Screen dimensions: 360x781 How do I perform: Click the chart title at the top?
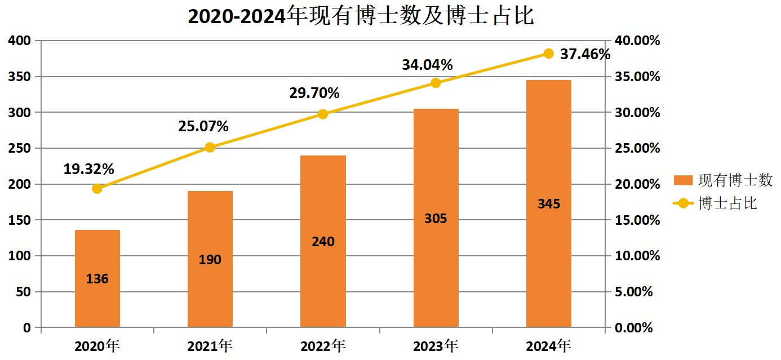pyautogui.click(x=361, y=16)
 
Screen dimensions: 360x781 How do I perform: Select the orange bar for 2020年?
pyautogui.click(x=97, y=254)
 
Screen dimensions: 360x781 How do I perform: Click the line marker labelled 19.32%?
pyautogui.click(x=97, y=188)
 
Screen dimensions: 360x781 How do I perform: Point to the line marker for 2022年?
pyautogui.click(x=323, y=114)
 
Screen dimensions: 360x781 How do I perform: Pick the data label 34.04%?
pyautogui.click(x=427, y=65)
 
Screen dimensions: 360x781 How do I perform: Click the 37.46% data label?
pyautogui.click(x=585, y=54)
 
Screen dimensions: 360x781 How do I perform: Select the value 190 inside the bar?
pyautogui.click(x=210, y=260)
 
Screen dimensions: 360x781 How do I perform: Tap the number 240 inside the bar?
pyautogui.click(x=323, y=242)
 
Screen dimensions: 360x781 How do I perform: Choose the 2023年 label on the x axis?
pyautogui.click(x=436, y=345)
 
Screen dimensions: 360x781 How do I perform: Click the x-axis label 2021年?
pyautogui.click(x=210, y=345)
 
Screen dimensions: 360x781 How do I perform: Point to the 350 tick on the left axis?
pyautogui.click(x=20, y=77)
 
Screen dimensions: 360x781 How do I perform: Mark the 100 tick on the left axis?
pyautogui.click(x=20, y=256)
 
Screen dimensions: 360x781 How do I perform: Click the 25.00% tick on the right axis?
pyautogui.click(x=636, y=148)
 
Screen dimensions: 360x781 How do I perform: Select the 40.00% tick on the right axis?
pyautogui.click(x=636, y=41)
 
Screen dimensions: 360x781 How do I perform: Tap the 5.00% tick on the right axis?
pyautogui.click(x=632, y=292)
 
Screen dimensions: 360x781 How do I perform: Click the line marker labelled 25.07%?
pyautogui.click(x=210, y=147)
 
